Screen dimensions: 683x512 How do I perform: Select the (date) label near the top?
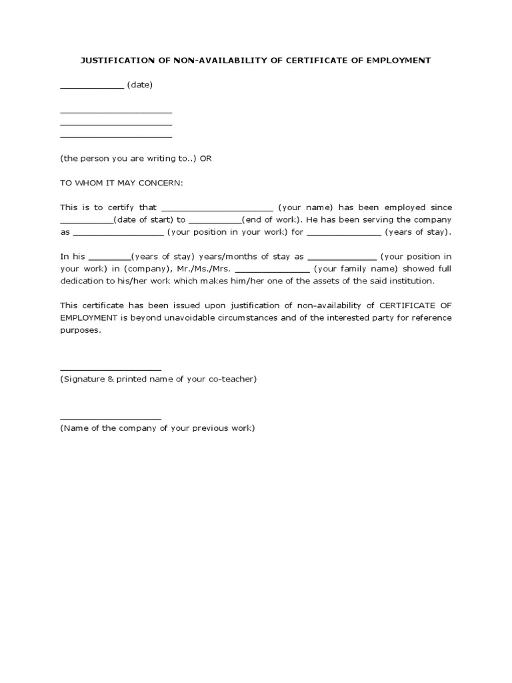click(140, 85)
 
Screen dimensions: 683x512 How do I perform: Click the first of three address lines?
click(116, 112)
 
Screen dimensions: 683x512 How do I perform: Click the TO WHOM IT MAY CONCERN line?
click(121, 183)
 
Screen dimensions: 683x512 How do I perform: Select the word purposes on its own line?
click(80, 329)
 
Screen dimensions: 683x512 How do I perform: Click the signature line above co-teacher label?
click(111, 369)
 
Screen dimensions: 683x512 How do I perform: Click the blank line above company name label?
click(111, 418)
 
